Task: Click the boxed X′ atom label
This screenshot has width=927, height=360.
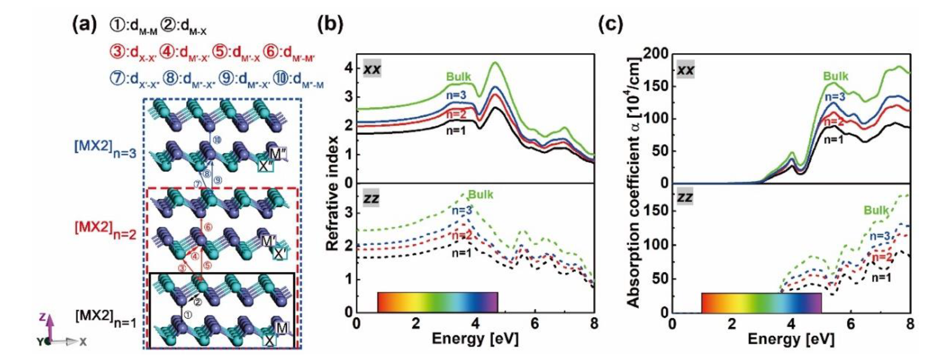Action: click(x=280, y=254)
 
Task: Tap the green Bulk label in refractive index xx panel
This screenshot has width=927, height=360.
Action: click(x=458, y=77)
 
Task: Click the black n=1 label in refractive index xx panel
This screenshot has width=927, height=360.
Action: click(x=455, y=131)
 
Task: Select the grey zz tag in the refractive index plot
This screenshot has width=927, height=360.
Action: click(x=371, y=198)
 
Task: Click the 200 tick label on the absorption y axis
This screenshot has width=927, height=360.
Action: click(x=656, y=54)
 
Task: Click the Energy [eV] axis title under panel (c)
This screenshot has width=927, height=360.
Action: click(x=791, y=339)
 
